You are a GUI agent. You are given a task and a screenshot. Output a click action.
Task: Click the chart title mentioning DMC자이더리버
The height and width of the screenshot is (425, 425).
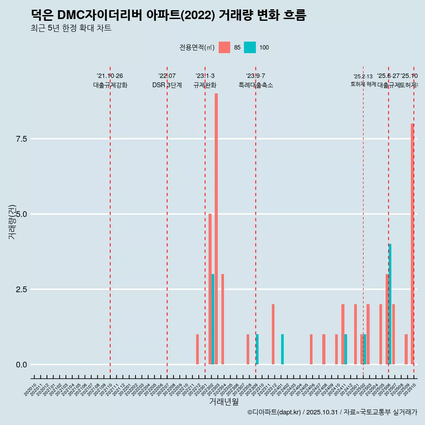coord(168,15)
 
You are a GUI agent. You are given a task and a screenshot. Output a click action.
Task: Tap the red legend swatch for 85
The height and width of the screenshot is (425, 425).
coord(224,47)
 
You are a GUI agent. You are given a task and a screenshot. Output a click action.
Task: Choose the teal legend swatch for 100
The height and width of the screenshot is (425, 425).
coord(250,47)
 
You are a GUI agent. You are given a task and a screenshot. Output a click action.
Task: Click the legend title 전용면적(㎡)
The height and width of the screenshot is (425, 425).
coord(197,48)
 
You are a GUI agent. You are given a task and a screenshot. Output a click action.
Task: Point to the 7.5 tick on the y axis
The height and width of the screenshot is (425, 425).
coord(22,139)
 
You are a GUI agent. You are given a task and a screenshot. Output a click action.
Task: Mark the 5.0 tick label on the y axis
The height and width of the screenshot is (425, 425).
coord(22,214)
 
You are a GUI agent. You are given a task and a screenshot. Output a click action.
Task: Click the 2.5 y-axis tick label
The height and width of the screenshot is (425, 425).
coord(22,290)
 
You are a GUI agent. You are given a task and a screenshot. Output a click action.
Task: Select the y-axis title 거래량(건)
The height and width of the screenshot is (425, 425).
coord(12,222)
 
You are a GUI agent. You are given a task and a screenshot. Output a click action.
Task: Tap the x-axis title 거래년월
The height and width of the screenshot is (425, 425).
coord(224,402)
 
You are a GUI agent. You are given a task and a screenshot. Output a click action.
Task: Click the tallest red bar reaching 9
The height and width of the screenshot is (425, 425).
coord(216,229)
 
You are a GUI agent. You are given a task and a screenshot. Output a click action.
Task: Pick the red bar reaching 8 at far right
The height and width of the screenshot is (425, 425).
coord(412,244)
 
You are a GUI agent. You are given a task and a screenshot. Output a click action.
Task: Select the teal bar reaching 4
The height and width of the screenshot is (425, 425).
coord(390,304)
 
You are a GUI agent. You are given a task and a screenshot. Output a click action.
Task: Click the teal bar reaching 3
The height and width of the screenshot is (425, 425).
coord(213,319)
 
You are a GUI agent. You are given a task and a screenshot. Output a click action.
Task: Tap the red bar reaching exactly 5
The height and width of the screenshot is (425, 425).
coord(210,289)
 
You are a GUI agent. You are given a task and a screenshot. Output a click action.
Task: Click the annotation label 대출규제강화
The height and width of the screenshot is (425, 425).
coord(110,85)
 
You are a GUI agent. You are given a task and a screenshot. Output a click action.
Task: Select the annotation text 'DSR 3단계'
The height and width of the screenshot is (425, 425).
coord(167,85)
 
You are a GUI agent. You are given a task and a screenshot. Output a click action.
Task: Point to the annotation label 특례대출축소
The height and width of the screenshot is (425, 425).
coord(256,85)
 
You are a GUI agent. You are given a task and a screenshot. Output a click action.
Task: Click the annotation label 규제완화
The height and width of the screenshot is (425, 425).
coord(205,85)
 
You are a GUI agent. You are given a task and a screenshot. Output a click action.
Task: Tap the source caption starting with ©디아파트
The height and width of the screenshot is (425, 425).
coord(332,412)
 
